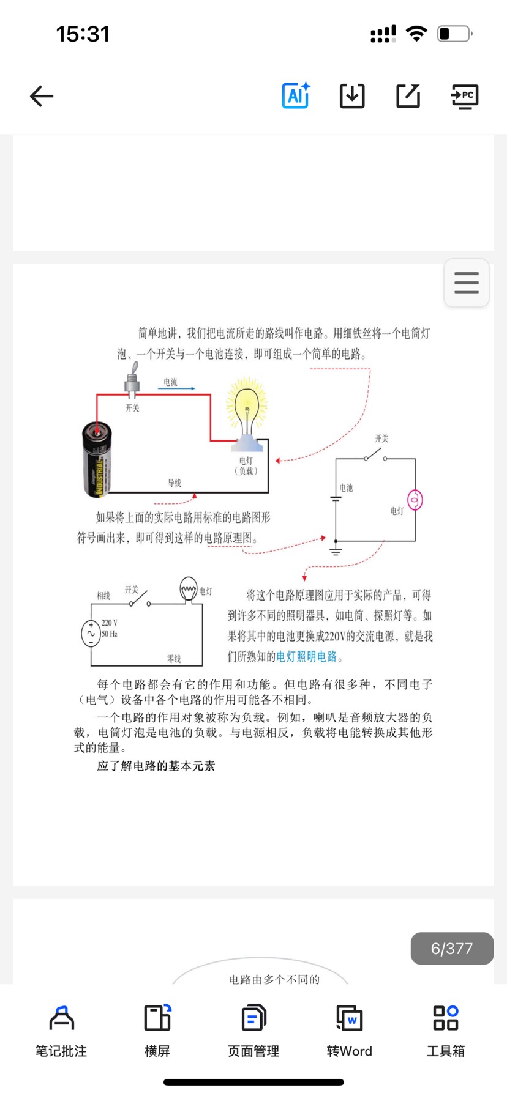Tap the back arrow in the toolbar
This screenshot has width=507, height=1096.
pyautogui.click(x=42, y=96)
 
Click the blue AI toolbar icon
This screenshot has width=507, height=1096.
pyautogui.click(x=296, y=95)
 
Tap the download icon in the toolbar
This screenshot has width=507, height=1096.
pyautogui.click(x=352, y=96)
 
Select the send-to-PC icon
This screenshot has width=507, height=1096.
pyautogui.click(x=465, y=97)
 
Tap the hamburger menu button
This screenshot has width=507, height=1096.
pyautogui.click(x=467, y=283)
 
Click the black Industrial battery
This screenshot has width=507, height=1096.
pyautogui.click(x=97, y=458)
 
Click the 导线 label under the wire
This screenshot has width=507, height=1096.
pyautogui.click(x=175, y=483)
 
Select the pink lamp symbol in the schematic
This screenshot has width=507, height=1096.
pyautogui.click(x=415, y=500)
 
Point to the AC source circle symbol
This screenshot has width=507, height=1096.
pyautogui.click(x=91, y=634)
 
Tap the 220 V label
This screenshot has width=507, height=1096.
pyautogui.click(x=110, y=623)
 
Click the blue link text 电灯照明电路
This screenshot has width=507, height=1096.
pyautogui.click(x=307, y=656)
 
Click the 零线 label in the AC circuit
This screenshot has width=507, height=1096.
pyautogui.click(x=174, y=659)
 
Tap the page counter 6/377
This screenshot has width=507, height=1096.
pyautogui.click(x=452, y=949)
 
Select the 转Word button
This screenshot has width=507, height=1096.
pyautogui.click(x=350, y=1031)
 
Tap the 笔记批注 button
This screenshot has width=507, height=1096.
pyautogui.click(x=61, y=1031)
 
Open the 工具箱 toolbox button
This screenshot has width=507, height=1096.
pyautogui.click(x=446, y=1031)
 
